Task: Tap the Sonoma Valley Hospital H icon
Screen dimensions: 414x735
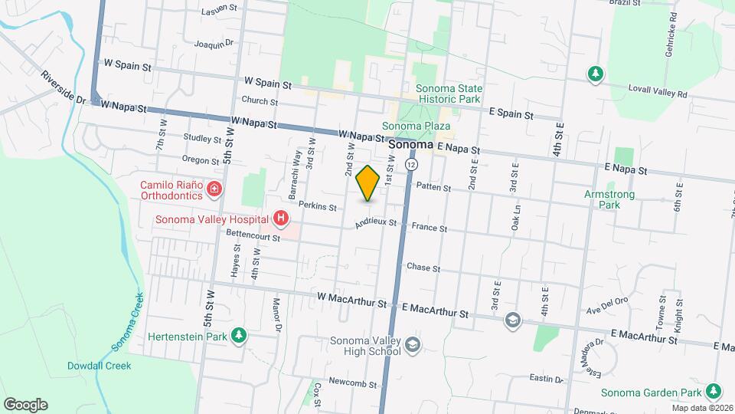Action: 281,219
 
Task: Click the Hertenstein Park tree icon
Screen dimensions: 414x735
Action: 239,335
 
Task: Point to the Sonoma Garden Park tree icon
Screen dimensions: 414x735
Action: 714,391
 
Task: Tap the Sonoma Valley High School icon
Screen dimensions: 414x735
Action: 413,346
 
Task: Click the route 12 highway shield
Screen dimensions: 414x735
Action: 412,165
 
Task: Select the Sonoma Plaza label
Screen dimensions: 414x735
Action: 416,127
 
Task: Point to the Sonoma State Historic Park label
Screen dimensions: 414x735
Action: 449,94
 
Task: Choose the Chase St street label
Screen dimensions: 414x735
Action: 423,268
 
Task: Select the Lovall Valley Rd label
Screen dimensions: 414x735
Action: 658,94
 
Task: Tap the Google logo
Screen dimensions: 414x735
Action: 25,404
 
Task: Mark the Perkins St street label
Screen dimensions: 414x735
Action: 318,207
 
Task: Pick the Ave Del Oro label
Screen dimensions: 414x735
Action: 606,310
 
